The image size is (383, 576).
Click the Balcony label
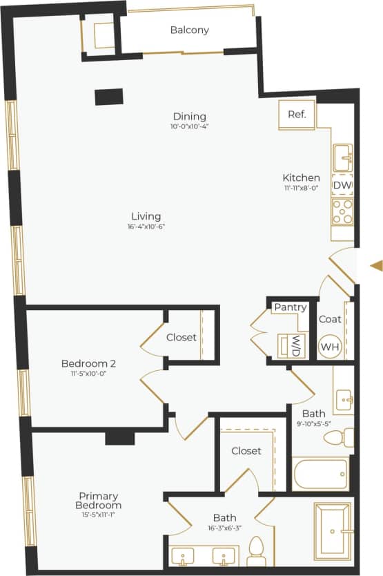point(189,30)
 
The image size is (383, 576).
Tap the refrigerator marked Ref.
point(297,115)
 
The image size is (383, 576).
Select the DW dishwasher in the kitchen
point(342,186)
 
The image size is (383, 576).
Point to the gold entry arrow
point(376,265)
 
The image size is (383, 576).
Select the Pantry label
point(290,307)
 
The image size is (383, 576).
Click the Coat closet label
point(331,319)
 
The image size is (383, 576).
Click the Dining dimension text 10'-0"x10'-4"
point(189,127)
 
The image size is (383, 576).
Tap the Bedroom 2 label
point(88,363)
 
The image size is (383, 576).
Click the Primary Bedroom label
point(98,501)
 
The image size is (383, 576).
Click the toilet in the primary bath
point(256,551)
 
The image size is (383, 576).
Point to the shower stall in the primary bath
point(333,530)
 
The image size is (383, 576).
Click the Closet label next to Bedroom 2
point(181,338)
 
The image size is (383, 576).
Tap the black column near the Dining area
point(109,97)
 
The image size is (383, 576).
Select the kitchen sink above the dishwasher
point(343,157)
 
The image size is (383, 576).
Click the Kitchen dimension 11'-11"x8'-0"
point(301,187)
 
